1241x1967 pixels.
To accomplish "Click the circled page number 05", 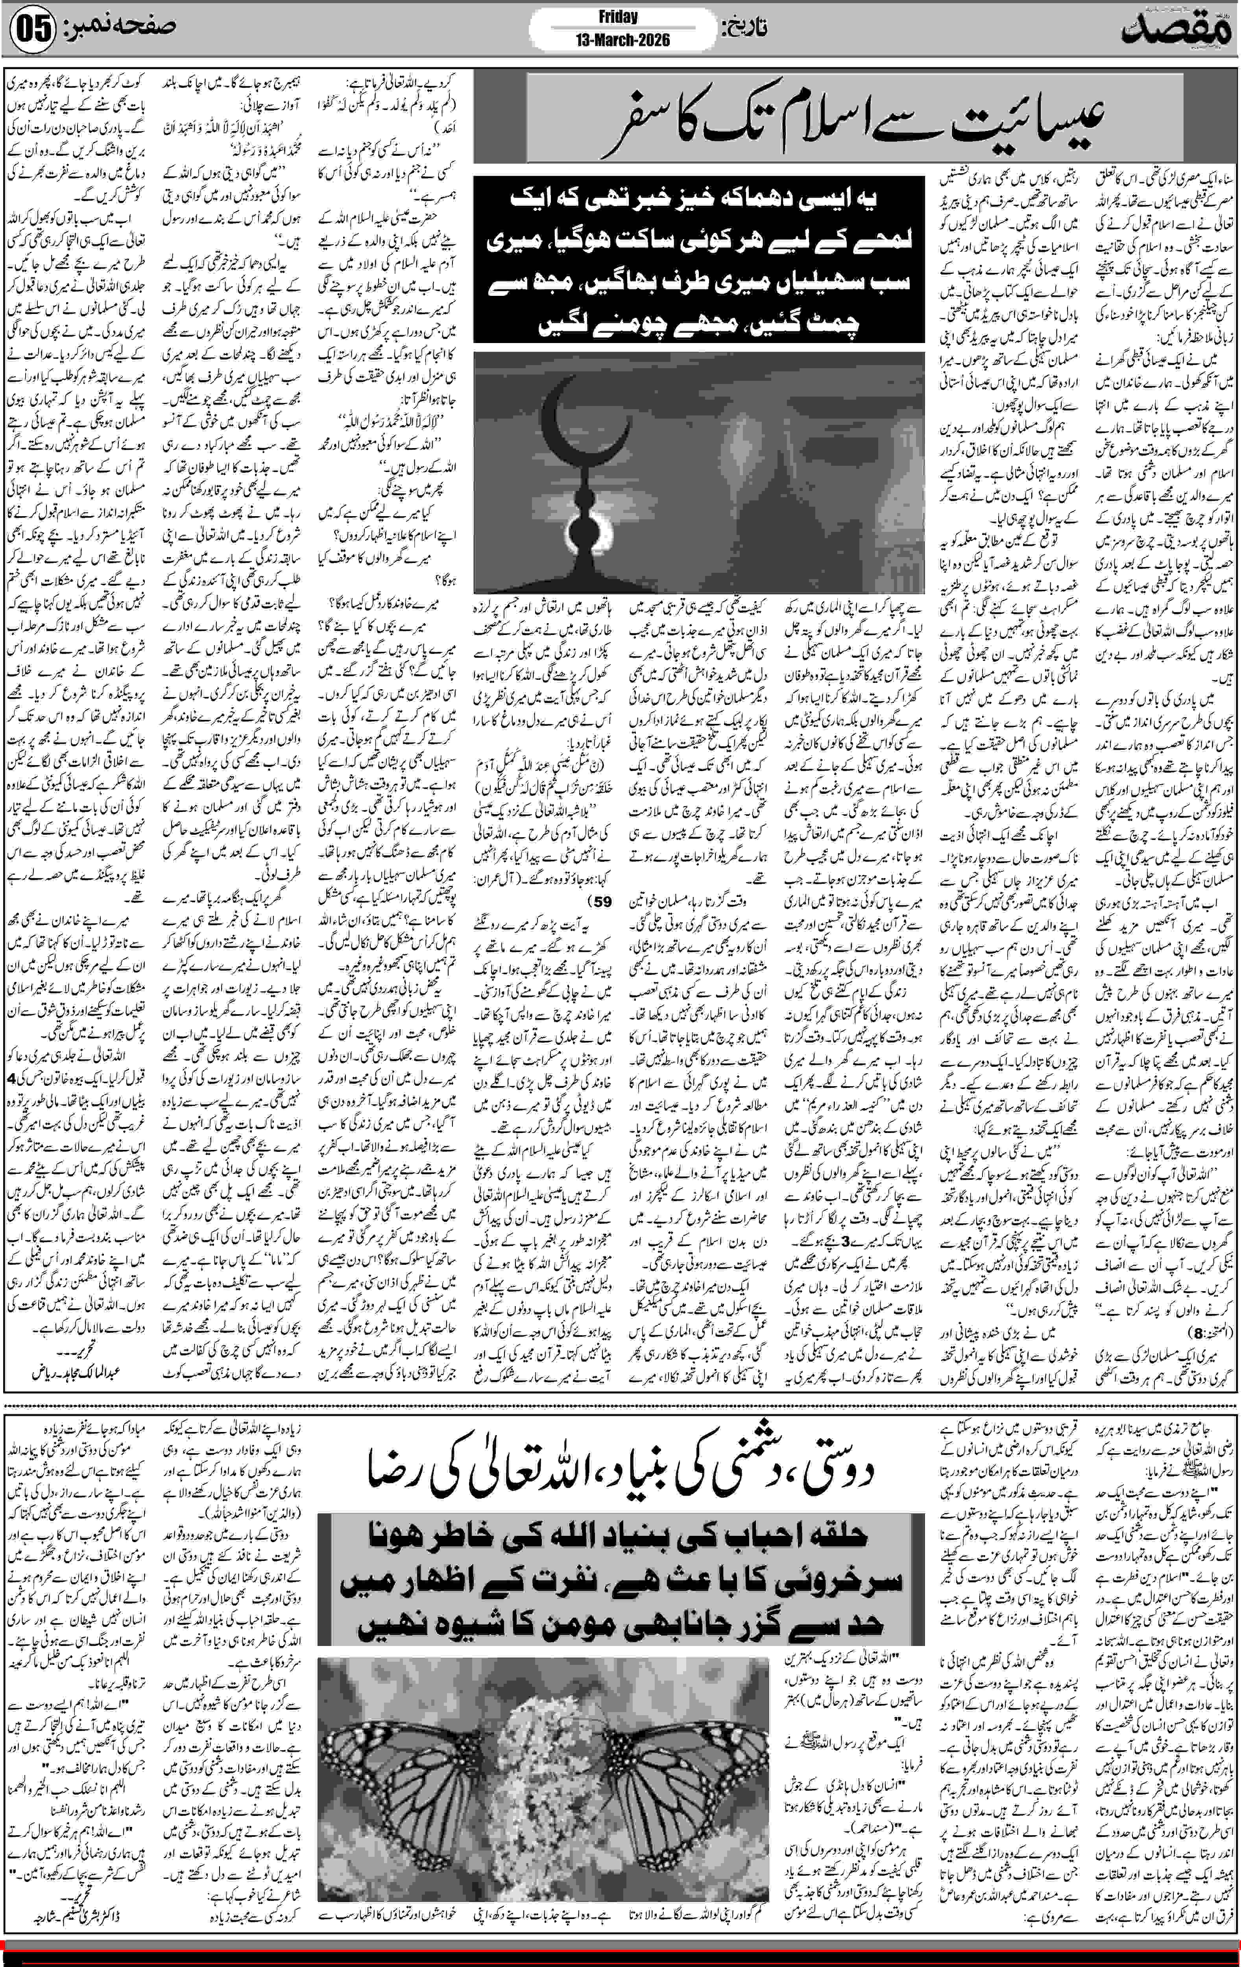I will (x=33, y=30).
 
